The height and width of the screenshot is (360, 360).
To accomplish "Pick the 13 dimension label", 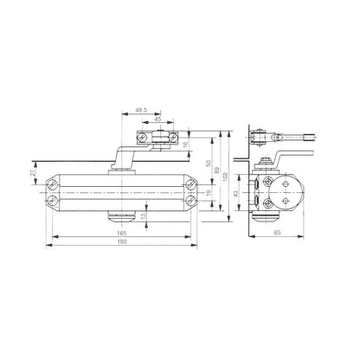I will (144, 216).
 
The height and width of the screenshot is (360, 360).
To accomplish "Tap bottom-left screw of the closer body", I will (54, 202).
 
